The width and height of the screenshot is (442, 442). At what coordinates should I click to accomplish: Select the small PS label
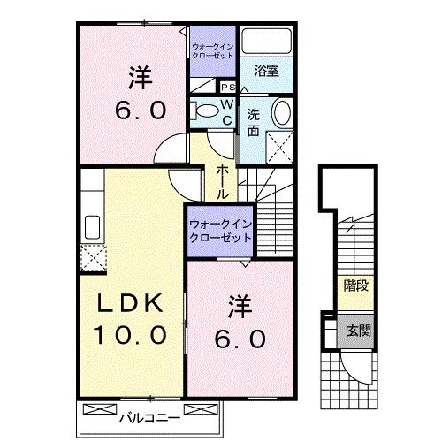226,88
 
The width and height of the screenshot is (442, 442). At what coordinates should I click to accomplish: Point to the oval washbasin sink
282,114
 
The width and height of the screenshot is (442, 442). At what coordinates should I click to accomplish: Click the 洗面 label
254,122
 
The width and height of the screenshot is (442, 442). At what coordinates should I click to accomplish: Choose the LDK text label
130,305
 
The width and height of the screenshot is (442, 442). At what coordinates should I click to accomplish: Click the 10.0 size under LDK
131,336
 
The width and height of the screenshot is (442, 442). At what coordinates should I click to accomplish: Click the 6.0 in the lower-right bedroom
240,339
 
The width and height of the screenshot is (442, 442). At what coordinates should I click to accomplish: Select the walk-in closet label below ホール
219,230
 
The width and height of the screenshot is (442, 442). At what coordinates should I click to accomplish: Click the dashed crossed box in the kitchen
93,257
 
